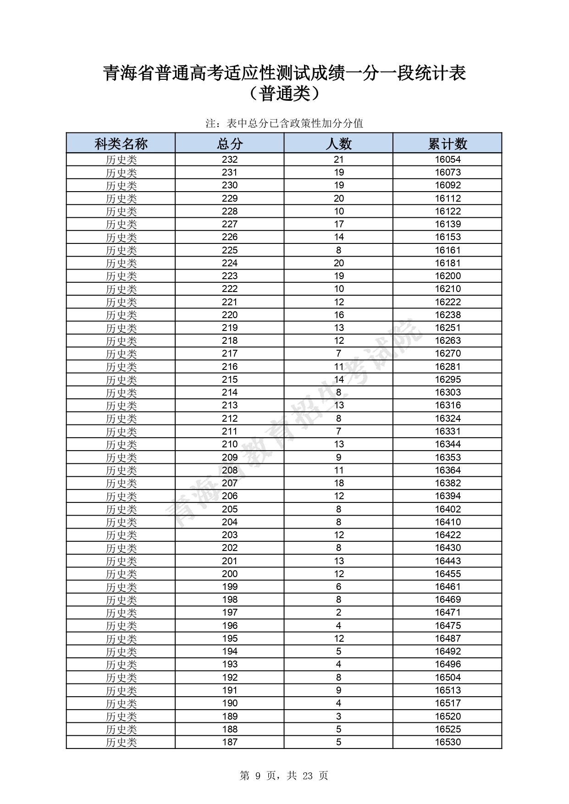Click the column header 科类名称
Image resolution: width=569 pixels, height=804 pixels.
(x=121, y=143)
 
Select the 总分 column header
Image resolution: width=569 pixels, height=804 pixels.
(x=230, y=143)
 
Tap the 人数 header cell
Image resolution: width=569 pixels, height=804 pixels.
(x=338, y=143)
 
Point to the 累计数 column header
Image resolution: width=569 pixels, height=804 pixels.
(x=447, y=143)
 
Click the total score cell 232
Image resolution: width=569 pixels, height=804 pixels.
(x=230, y=160)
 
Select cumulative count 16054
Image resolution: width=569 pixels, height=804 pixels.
(x=447, y=160)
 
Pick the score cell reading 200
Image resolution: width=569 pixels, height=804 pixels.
(x=230, y=574)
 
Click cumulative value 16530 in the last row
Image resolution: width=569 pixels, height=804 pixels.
(x=447, y=742)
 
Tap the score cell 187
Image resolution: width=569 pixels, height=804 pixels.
(x=230, y=742)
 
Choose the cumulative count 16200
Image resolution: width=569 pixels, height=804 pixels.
(x=447, y=276)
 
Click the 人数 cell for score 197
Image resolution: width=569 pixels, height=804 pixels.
(x=338, y=612)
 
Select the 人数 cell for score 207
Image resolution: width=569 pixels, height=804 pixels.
(x=338, y=483)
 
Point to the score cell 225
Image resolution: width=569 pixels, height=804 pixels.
(x=230, y=250)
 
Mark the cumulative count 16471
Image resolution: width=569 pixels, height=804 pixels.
(x=447, y=612)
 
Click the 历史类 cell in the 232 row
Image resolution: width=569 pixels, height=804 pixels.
(x=121, y=160)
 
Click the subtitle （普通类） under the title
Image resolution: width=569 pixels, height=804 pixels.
(x=284, y=94)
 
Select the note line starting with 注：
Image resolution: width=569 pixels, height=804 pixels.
(x=284, y=123)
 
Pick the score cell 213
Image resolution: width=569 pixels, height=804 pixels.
(x=230, y=405)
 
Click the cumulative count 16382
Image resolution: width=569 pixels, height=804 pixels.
(x=447, y=483)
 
